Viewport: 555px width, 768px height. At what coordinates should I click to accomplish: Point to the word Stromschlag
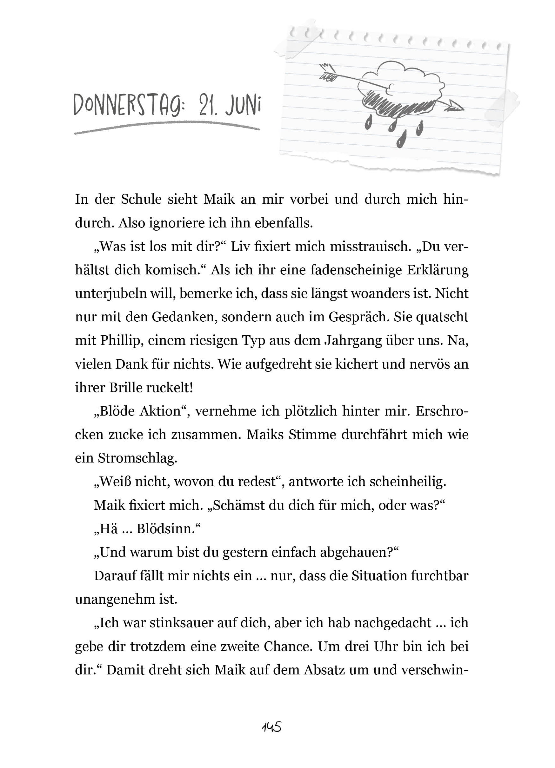pyautogui.click(x=137, y=458)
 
